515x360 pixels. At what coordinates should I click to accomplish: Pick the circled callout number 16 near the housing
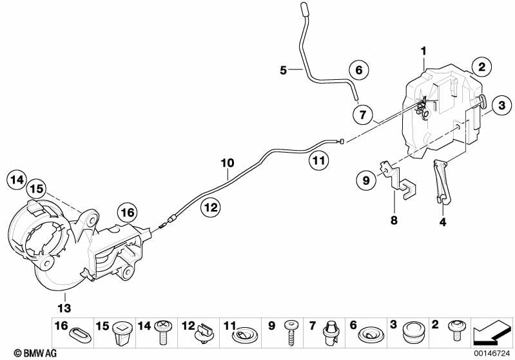pos(127,211)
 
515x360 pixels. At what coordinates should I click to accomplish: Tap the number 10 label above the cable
pos(226,164)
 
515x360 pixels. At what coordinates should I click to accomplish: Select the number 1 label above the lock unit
pos(423,50)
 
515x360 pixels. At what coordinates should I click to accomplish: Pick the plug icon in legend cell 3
pos(412,334)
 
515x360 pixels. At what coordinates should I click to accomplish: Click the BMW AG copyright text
pos(25,353)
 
